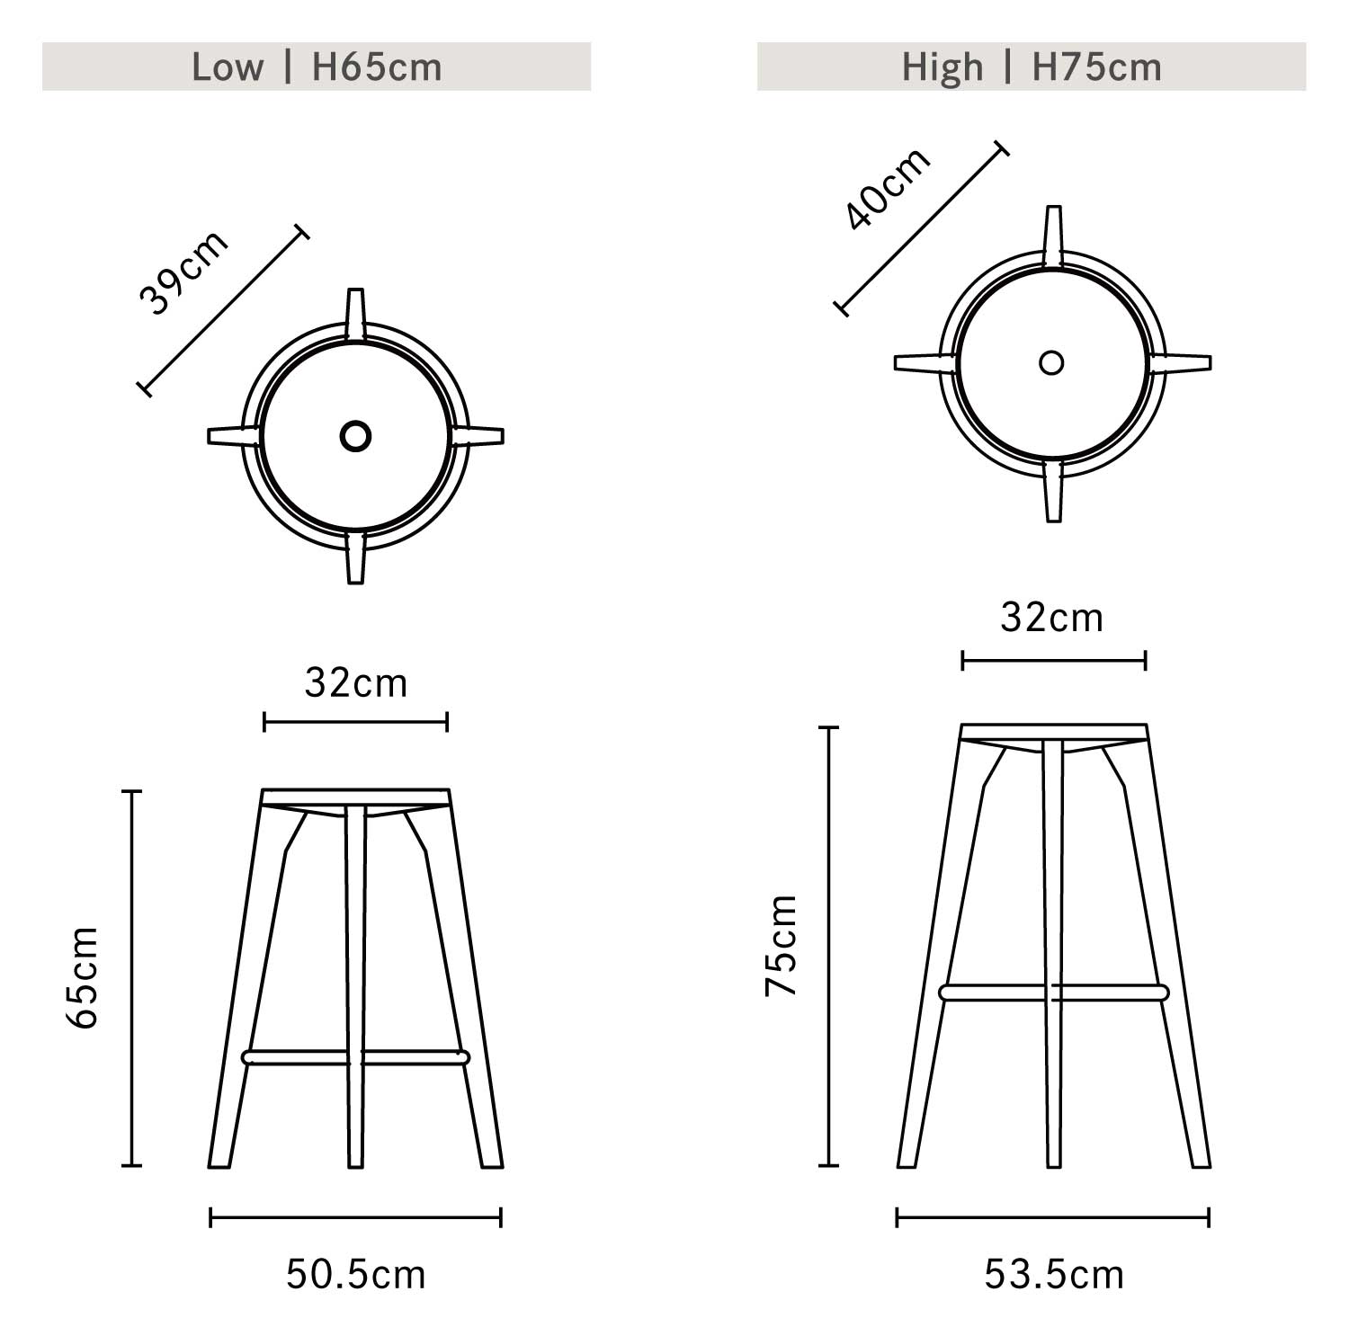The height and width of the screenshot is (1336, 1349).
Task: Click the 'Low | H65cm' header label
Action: (x=317, y=67)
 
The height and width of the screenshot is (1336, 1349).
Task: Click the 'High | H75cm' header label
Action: (x=1032, y=67)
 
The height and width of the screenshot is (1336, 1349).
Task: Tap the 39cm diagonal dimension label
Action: (x=184, y=272)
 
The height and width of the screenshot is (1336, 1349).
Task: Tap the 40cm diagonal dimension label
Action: (x=889, y=188)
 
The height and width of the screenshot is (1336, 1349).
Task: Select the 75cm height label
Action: (x=782, y=945)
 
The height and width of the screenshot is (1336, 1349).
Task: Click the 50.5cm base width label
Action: (x=356, y=1275)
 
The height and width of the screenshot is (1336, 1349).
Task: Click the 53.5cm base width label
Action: (x=1054, y=1275)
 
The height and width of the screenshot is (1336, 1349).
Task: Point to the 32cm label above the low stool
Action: (x=356, y=683)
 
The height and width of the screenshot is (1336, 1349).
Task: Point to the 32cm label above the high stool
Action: (x=1052, y=619)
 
